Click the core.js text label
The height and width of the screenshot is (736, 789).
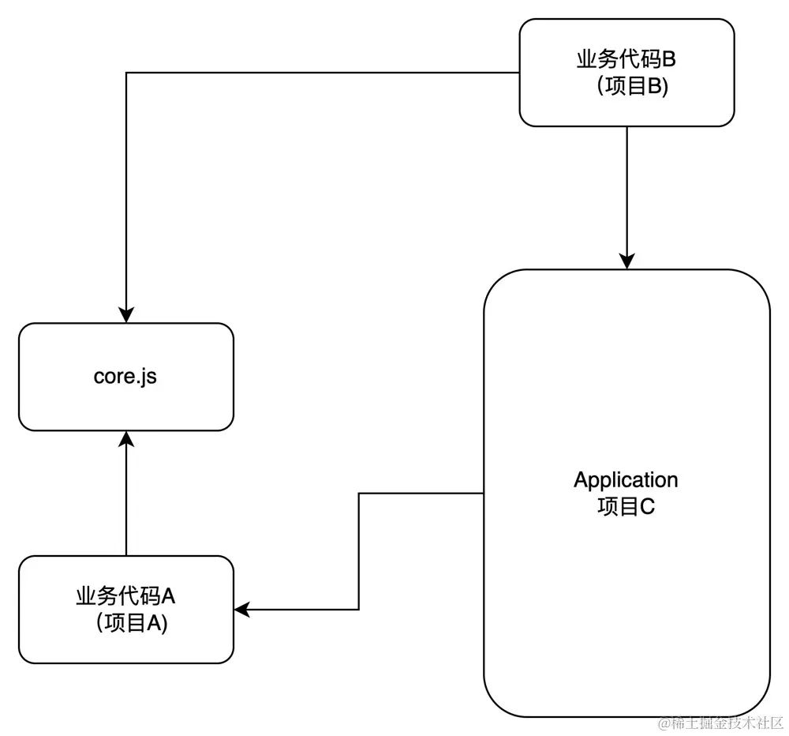tap(125, 377)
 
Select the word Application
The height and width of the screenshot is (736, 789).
tap(626, 480)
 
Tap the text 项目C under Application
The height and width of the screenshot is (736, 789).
tap(626, 506)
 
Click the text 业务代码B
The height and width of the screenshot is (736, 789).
tap(626, 62)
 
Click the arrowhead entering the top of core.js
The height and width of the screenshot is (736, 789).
tap(126, 315)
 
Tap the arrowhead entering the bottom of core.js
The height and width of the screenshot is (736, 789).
tap(126, 439)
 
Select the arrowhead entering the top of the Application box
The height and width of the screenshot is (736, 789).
tap(626, 261)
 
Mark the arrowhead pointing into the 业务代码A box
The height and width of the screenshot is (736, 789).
tap(242, 610)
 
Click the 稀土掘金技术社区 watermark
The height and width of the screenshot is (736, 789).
tap(720, 723)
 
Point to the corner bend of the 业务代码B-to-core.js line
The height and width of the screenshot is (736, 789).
tap(126, 73)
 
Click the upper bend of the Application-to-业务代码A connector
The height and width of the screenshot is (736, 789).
tap(359, 494)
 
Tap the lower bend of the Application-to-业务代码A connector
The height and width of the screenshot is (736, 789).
tap(359, 610)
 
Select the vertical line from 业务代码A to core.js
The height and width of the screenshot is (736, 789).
tap(126, 498)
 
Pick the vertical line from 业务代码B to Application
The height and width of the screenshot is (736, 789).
tap(626, 193)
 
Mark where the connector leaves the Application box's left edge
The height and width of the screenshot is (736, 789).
tap(483, 494)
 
